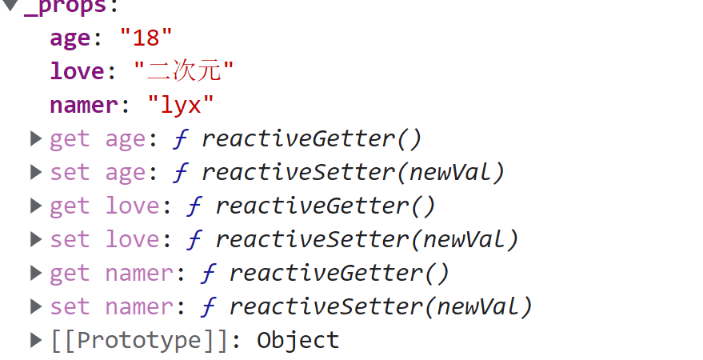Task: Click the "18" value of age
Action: (x=146, y=38)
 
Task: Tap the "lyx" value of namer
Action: (x=181, y=105)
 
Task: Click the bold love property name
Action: (x=77, y=71)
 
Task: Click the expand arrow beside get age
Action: (x=35, y=138)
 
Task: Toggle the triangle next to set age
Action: (x=35, y=172)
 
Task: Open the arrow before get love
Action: (x=35, y=206)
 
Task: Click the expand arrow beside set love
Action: (x=35, y=239)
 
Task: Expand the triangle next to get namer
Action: (x=35, y=273)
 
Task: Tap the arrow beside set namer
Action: (x=35, y=306)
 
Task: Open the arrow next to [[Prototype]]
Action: (x=35, y=340)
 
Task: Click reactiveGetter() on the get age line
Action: (x=311, y=138)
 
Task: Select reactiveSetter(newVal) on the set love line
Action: (x=367, y=239)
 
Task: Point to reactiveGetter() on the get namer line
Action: (x=339, y=273)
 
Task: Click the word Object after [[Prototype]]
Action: (x=298, y=340)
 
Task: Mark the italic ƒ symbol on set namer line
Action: (x=207, y=306)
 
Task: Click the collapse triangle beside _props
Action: (x=10, y=6)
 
